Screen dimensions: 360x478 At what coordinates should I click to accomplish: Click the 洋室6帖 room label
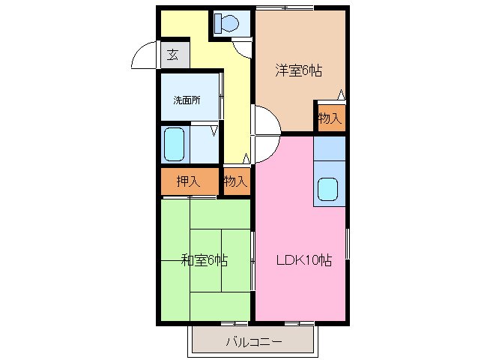(298, 71)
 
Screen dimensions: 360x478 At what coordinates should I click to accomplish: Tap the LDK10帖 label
(304, 261)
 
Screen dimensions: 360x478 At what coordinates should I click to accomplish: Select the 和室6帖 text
(205, 261)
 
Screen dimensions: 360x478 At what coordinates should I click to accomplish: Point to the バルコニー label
(254, 343)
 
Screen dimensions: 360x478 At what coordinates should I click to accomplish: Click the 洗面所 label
(187, 100)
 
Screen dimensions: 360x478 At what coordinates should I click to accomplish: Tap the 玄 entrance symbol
(173, 55)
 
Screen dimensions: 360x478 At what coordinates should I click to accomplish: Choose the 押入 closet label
(188, 181)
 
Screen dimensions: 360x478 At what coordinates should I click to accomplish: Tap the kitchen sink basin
(328, 189)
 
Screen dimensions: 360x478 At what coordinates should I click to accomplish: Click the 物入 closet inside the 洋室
(330, 118)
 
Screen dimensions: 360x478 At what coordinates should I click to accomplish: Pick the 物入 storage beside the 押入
(235, 181)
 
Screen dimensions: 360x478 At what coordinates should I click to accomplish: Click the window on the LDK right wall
(348, 247)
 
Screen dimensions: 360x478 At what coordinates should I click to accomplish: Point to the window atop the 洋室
(284, 7)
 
